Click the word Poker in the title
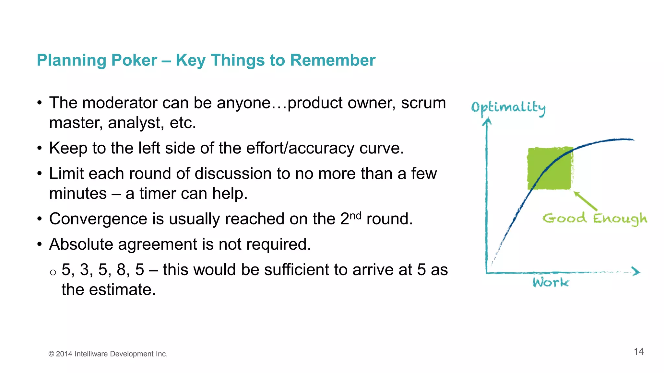[x=134, y=61]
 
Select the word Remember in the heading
[x=333, y=61]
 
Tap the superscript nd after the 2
[x=355, y=216]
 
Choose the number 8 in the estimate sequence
[x=121, y=270]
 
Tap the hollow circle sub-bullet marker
[x=53, y=272]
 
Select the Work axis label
[x=551, y=282]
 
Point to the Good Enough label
[x=595, y=219]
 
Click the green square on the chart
[x=550, y=168]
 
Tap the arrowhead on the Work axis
[x=636, y=271]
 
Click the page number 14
[x=638, y=352]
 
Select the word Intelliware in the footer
[x=91, y=354]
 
